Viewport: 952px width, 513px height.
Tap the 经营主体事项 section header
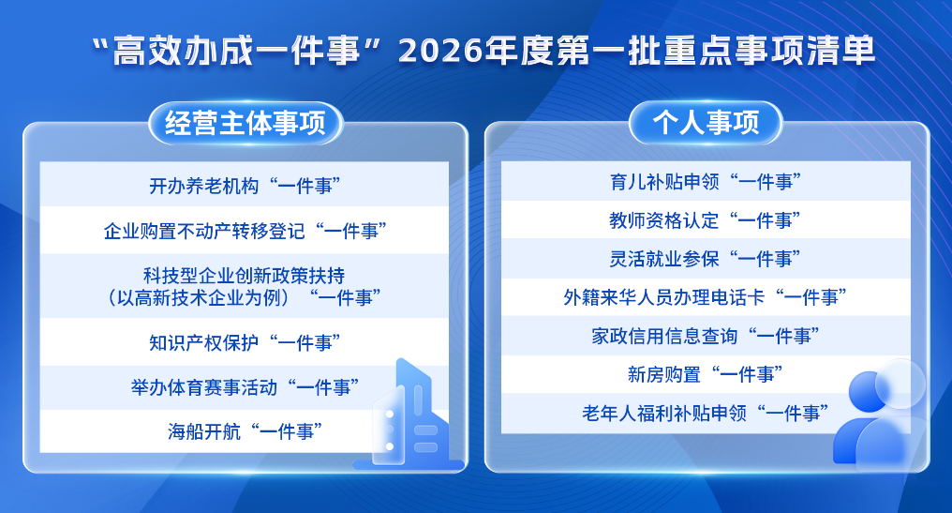(x=245, y=124)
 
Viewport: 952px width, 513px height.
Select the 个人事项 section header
(x=706, y=124)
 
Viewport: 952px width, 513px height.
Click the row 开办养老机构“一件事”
(x=244, y=185)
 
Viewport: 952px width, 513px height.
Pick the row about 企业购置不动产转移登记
(x=244, y=231)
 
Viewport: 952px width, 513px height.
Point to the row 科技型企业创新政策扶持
(x=244, y=286)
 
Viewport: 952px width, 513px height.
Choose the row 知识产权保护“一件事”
(x=244, y=342)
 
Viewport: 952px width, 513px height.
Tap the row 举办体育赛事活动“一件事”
(x=244, y=386)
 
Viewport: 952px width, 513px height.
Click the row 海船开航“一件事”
(x=244, y=431)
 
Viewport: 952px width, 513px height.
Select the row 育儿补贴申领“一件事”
(x=706, y=181)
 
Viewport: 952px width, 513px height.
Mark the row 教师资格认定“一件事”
(x=706, y=220)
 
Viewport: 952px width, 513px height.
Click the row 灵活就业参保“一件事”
(x=706, y=259)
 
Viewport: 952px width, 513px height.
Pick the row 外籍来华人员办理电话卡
(x=706, y=297)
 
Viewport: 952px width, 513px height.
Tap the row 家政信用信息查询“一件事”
(x=706, y=336)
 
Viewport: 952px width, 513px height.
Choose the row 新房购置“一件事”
(x=706, y=374)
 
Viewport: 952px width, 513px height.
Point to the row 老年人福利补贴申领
(x=706, y=413)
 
